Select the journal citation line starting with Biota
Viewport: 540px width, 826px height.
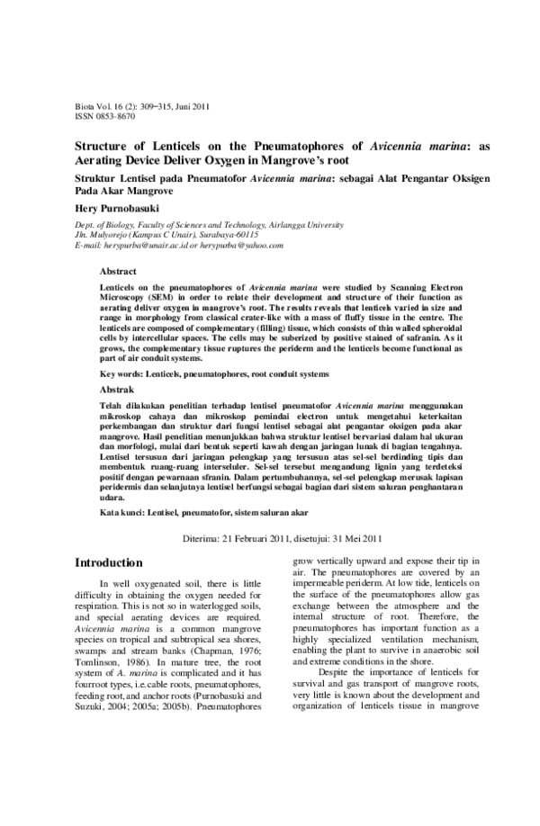point(141,106)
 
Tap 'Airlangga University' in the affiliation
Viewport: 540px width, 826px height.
point(318,222)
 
